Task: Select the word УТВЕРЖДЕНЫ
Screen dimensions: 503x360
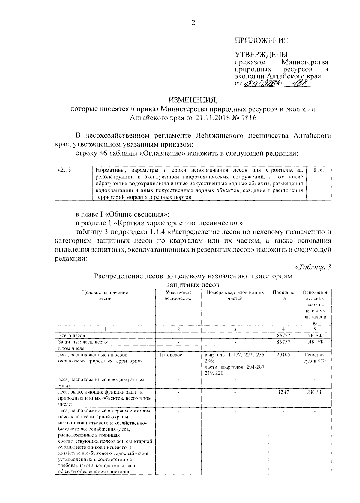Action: (261, 55)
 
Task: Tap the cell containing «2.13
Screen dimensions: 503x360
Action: (64, 170)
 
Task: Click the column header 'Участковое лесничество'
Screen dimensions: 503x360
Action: (178, 295)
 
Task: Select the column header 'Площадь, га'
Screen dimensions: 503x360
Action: (283, 295)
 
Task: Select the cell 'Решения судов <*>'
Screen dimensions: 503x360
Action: (314, 358)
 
